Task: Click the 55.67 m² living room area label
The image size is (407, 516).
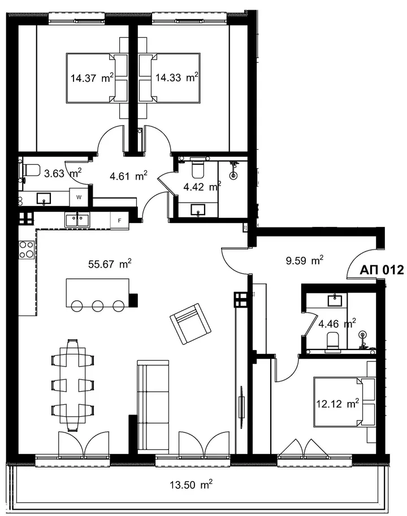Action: [x=110, y=264]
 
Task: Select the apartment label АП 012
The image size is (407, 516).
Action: [x=382, y=270]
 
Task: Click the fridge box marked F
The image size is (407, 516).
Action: [x=120, y=221]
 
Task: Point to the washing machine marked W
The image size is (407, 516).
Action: [x=79, y=197]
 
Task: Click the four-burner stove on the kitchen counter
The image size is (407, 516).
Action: [x=27, y=250]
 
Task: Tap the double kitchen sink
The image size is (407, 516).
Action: [x=77, y=220]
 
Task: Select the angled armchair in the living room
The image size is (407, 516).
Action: [x=190, y=324]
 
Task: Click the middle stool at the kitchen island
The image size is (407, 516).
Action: [x=98, y=306]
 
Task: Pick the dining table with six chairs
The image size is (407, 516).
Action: [x=72, y=385]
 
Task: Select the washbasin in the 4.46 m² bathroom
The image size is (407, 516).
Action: [x=335, y=300]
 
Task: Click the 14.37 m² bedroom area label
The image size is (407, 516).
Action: [x=92, y=78]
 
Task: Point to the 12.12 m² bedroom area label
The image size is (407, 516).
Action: [x=337, y=403]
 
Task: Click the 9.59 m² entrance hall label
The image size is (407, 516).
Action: [x=304, y=261]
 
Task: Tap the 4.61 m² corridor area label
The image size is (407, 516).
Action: [x=128, y=176]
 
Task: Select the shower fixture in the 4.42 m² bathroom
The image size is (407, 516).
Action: [x=234, y=170]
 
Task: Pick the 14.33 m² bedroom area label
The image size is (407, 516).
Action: [x=176, y=78]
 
